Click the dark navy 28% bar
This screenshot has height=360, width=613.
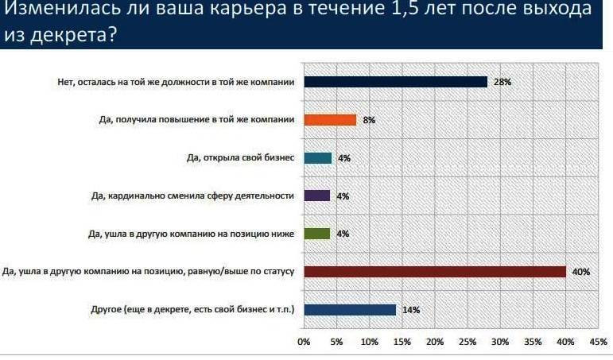(x=395, y=82)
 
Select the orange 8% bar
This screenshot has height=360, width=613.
(x=330, y=120)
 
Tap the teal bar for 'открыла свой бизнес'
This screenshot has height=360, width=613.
(x=317, y=158)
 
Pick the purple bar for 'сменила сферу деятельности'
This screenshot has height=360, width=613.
(x=316, y=195)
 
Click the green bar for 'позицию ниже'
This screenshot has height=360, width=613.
(x=316, y=234)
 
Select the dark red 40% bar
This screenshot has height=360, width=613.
(x=434, y=272)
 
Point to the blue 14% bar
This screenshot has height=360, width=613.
(x=350, y=310)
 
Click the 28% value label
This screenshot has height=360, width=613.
(x=502, y=82)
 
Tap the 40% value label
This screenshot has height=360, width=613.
(x=580, y=272)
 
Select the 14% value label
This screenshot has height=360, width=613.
(x=410, y=310)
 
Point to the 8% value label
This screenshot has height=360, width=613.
(x=368, y=120)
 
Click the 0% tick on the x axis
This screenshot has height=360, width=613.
(x=303, y=342)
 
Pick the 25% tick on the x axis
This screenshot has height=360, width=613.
(x=467, y=342)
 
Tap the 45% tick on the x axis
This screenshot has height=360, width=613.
(x=598, y=342)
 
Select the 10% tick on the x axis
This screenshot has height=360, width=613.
(x=369, y=342)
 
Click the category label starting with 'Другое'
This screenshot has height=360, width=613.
(x=191, y=310)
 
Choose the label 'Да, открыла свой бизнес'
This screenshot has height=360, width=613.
(x=235, y=158)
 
